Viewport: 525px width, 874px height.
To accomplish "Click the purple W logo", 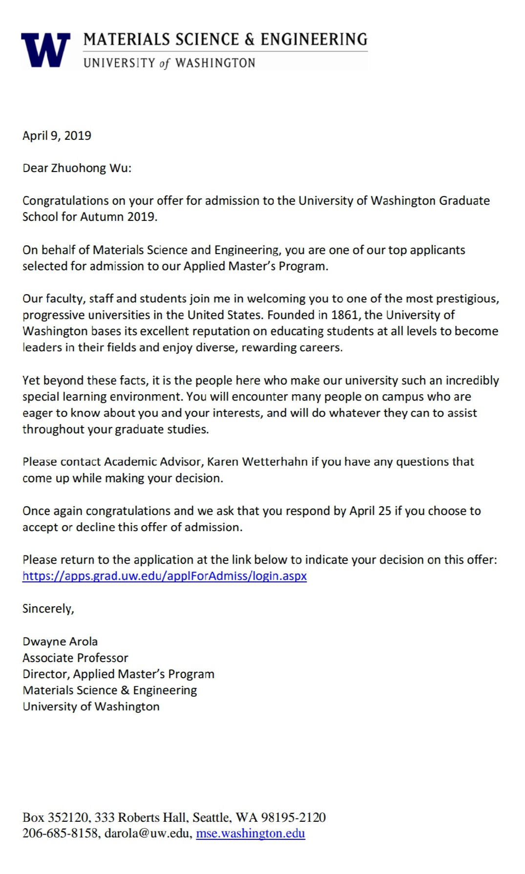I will click(x=45, y=50).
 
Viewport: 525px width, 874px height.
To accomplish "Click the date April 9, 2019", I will click(x=57, y=135).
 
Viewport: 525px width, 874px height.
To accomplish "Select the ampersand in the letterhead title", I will click(x=250, y=39).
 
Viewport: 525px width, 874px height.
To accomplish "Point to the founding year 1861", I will click(x=344, y=315).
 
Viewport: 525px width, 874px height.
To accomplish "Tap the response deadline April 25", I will click(x=370, y=511).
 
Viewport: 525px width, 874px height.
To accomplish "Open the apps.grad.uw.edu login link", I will click(x=165, y=576).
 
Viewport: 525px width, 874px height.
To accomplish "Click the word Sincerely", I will click(x=48, y=609).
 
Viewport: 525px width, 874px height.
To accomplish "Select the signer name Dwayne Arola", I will click(x=60, y=641).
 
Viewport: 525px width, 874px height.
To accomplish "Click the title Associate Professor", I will click(x=75, y=658).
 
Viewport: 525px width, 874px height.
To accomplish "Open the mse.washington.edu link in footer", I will click(x=250, y=833).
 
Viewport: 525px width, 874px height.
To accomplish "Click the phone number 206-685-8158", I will click(x=60, y=833).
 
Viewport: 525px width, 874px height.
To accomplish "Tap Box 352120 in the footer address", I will click(x=55, y=817).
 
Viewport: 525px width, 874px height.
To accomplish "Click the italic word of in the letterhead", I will click(x=165, y=64).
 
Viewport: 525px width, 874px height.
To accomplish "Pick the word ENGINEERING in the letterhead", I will click(x=314, y=39).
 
